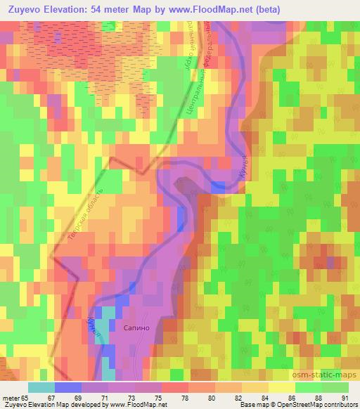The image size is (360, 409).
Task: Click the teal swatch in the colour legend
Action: pos(41,387)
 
